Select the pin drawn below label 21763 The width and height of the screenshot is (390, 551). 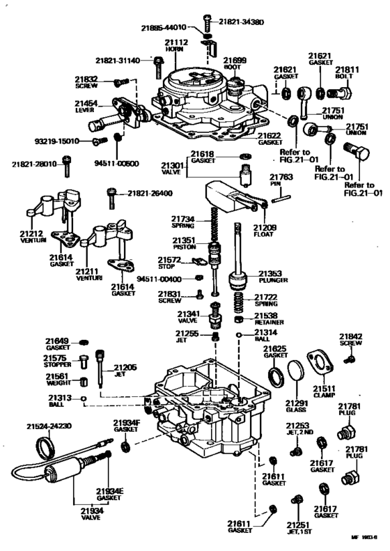281,196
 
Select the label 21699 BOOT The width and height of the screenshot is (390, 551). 235,65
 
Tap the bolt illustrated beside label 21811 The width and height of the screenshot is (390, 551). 348,92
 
